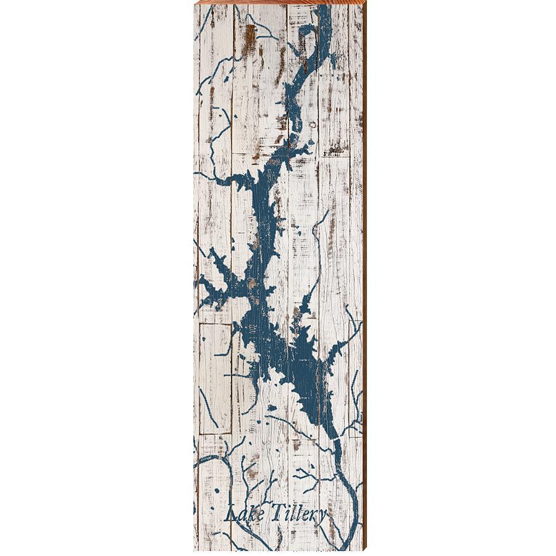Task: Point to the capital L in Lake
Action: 230,513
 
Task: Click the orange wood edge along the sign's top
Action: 278,2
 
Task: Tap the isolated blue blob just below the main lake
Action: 272,408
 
